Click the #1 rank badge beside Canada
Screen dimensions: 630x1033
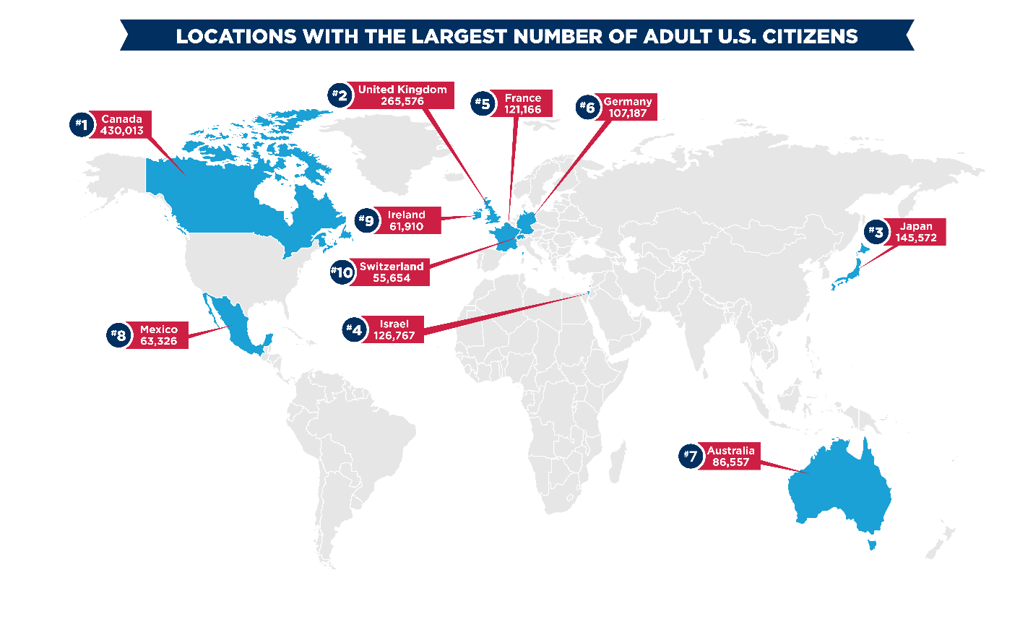pyautogui.click(x=82, y=124)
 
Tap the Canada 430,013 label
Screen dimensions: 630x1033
pyautogui.click(x=122, y=125)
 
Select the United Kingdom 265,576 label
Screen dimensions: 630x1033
pyautogui.click(x=402, y=95)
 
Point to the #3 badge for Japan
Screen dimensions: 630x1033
pyautogui.click(x=876, y=232)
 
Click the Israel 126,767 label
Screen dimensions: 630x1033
pyautogui.click(x=394, y=329)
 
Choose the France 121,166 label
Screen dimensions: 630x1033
pyautogui.click(x=522, y=103)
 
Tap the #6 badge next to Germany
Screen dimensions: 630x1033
pyautogui.click(x=589, y=108)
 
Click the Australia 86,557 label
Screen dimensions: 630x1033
pyautogui.click(x=730, y=456)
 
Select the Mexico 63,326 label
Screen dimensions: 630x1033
pyautogui.click(x=158, y=335)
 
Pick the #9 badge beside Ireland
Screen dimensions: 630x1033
pyautogui.click(x=367, y=220)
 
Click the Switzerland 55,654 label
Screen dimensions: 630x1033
pyautogui.click(x=392, y=272)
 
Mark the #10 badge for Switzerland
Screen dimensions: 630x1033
pyautogui.click(x=342, y=272)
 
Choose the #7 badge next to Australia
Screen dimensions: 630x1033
pyautogui.click(x=691, y=456)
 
